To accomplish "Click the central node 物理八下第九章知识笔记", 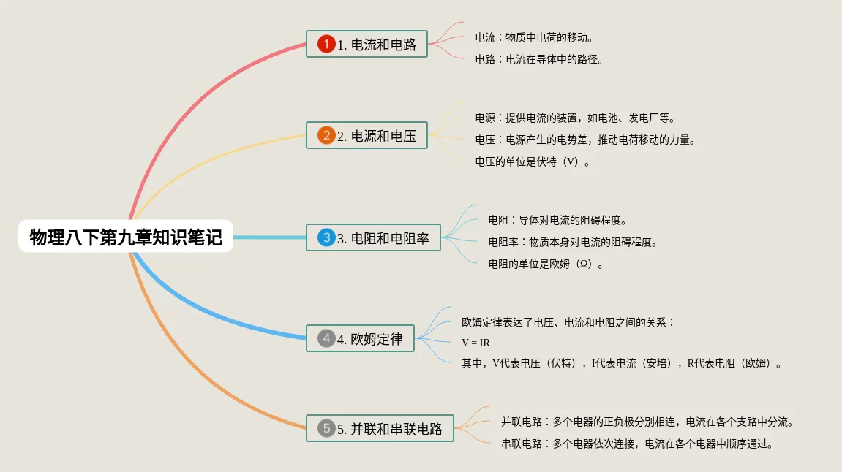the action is pyautogui.click(x=126, y=237).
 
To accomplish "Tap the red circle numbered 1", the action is pyautogui.click(x=326, y=45).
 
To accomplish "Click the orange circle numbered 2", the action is pyautogui.click(x=326, y=136).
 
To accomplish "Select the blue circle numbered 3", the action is pyautogui.click(x=326, y=238).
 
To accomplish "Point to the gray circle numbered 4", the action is pyautogui.click(x=326, y=339).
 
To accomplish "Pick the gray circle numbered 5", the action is pyautogui.click(x=326, y=429).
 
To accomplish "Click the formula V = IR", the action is pyautogui.click(x=475, y=342).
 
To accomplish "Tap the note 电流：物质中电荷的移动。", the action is pyautogui.click(x=533, y=37).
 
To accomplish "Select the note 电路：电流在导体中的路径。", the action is pyautogui.click(x=539, y=60).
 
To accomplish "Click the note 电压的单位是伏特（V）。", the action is pyautogui.click(x=533, y=162).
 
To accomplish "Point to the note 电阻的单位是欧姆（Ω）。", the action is pyautogui.click(x=546, y=264).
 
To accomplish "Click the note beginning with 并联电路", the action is pyautogui.click(x=647, y=422).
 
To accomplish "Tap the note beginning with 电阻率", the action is pyautogui.click(x=573, y=242).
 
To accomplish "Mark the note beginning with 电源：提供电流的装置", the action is pyautogui.click(x=575, y=118).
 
